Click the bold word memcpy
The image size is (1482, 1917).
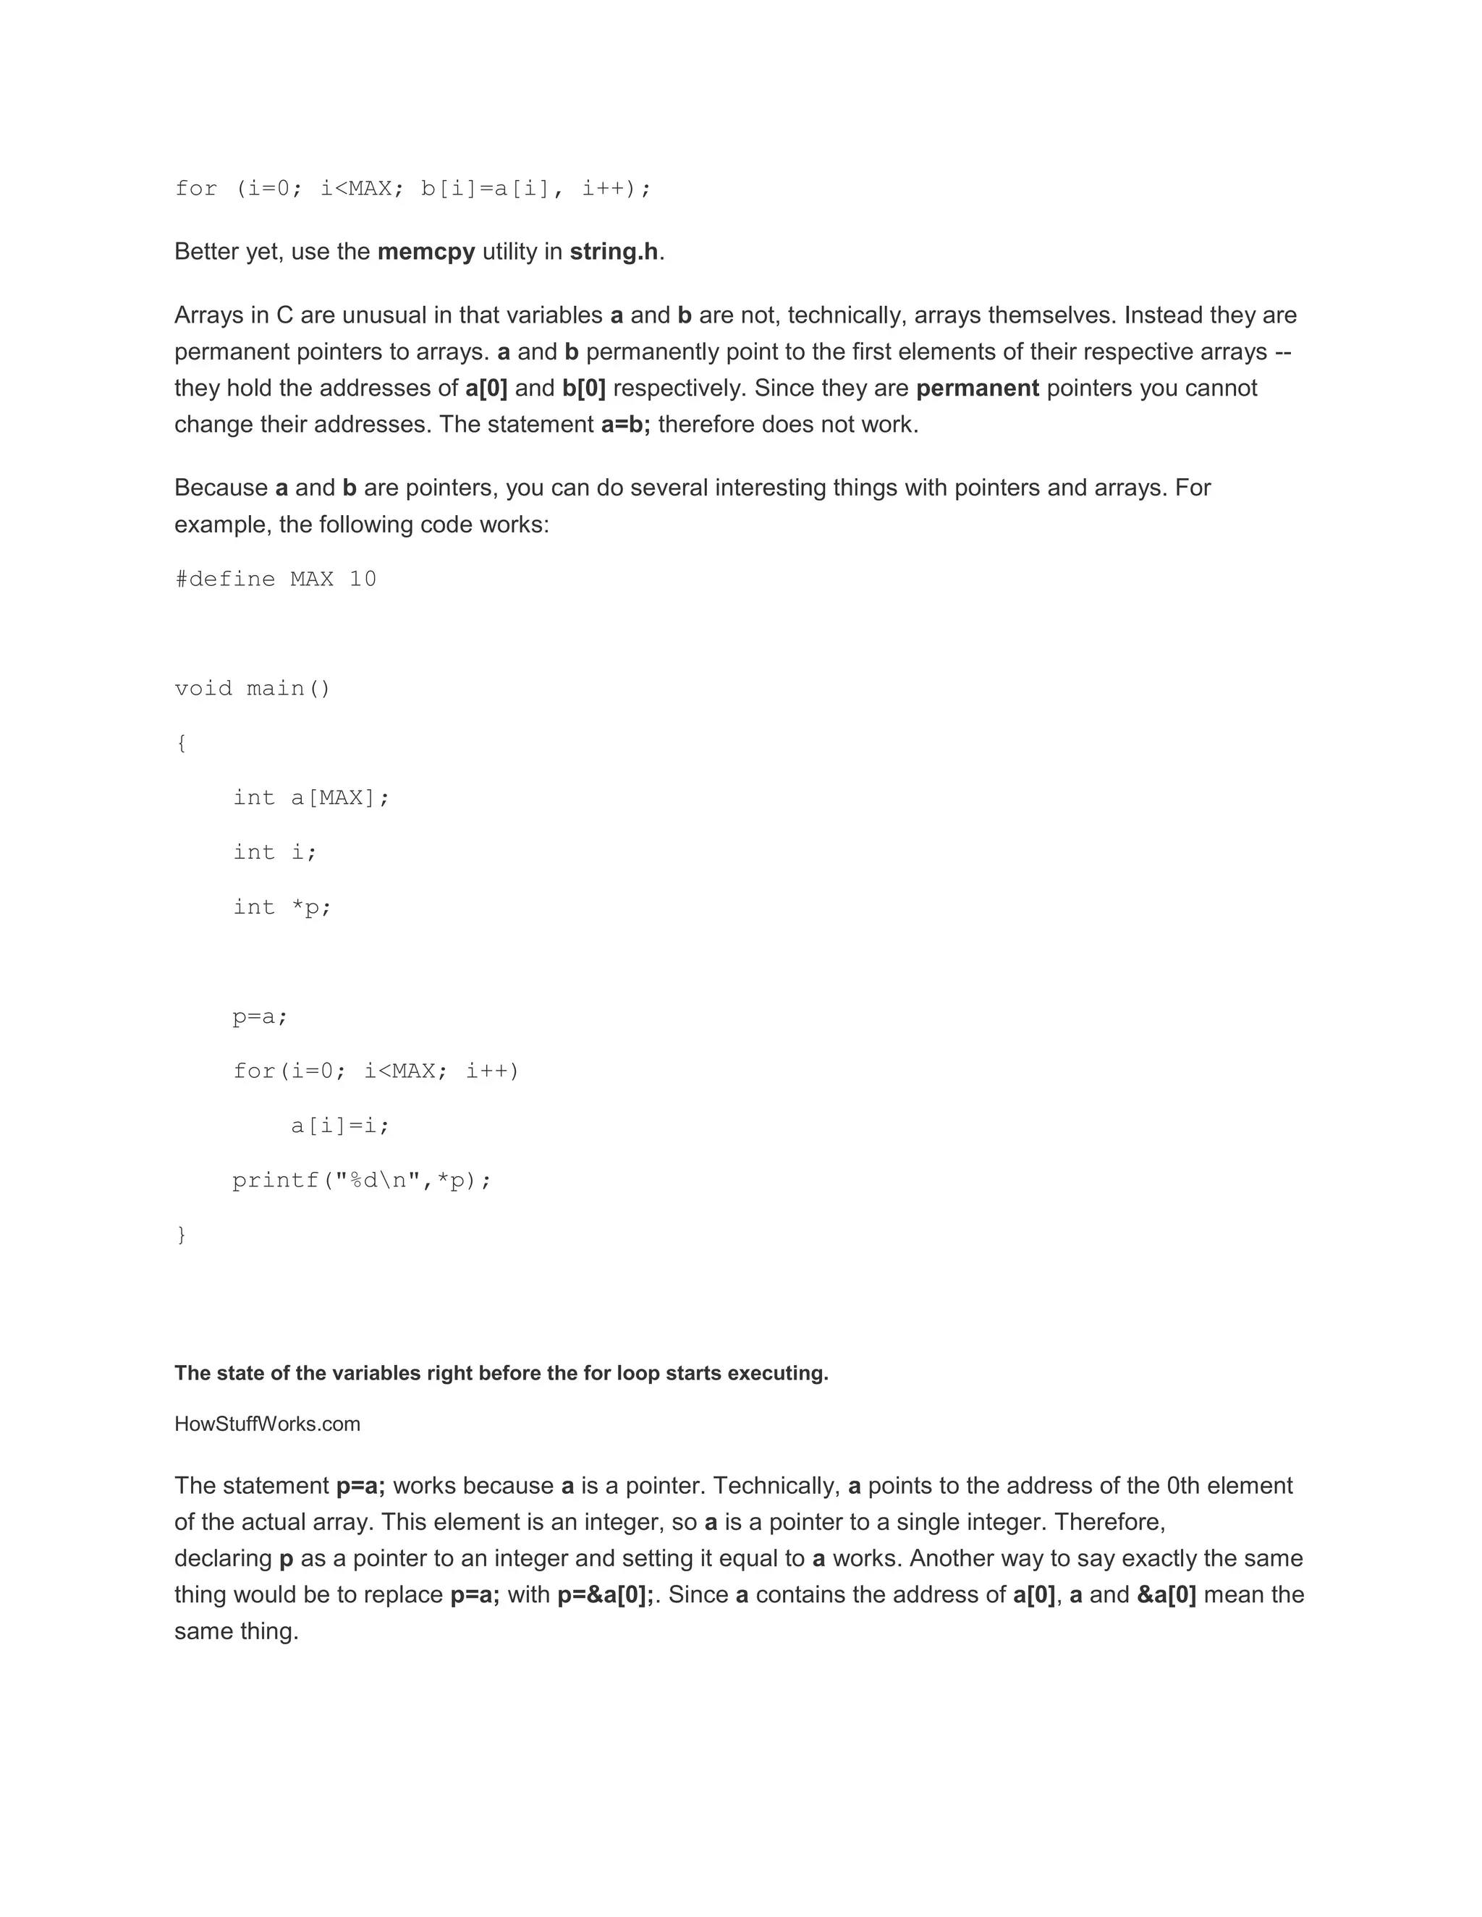pyautogui.click(x=425, y=252)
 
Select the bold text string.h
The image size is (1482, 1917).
pyautogui.click(x=614, y=252)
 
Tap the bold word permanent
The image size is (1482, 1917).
pyautogui.click(x=977, y=388)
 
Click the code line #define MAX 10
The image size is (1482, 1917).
pyautogui.click(x=276, y=579)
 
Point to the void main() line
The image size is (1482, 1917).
pyautogui.click(x=253, y=688)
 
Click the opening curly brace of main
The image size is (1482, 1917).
pyautogui.click(x=181, y=744)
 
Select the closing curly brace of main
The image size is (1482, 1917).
pyautogui.click(x=181, y=1235)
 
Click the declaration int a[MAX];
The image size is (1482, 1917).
pyautogui.click(x=310, y=798)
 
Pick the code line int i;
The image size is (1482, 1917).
pyautogui.click(x=275, y=852)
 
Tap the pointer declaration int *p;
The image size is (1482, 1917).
pyautogui.click(x=281, y=906)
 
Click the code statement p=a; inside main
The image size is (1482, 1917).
pyautogui.click(x=260, y=1016)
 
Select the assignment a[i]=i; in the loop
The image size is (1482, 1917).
pyautogui.click(x=340, y=1126)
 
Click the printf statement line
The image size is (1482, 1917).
pyautogui.click(x=362, y=1181)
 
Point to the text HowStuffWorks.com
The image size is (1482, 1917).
pyautogui.click(x=267, y=1424)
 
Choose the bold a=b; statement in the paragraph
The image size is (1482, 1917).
pyautogui.click(x=625, y=425)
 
